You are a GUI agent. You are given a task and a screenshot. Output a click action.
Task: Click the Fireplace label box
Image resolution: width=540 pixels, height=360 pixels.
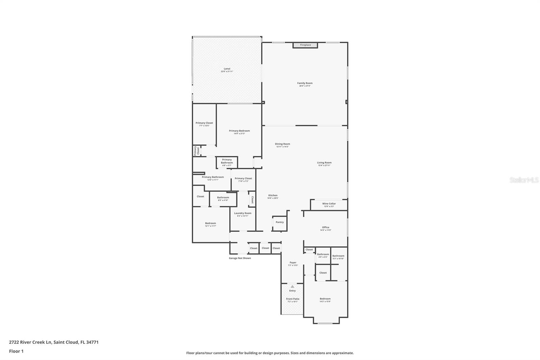click(305, 45)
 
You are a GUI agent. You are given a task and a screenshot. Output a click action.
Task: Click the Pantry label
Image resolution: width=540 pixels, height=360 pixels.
click(279, 222)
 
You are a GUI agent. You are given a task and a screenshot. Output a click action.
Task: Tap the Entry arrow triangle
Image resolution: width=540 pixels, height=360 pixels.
click(292, 286)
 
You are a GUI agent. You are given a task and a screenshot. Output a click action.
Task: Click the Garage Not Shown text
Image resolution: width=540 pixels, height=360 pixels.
click(240, 258)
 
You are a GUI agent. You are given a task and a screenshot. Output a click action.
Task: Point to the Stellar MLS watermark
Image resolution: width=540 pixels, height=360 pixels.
click(524, 180)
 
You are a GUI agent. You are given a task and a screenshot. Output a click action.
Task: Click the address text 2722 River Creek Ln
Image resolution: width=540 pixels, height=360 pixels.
click(54, 342)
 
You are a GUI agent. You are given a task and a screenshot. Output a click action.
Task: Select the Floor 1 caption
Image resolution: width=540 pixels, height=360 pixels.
click(16, 351)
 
